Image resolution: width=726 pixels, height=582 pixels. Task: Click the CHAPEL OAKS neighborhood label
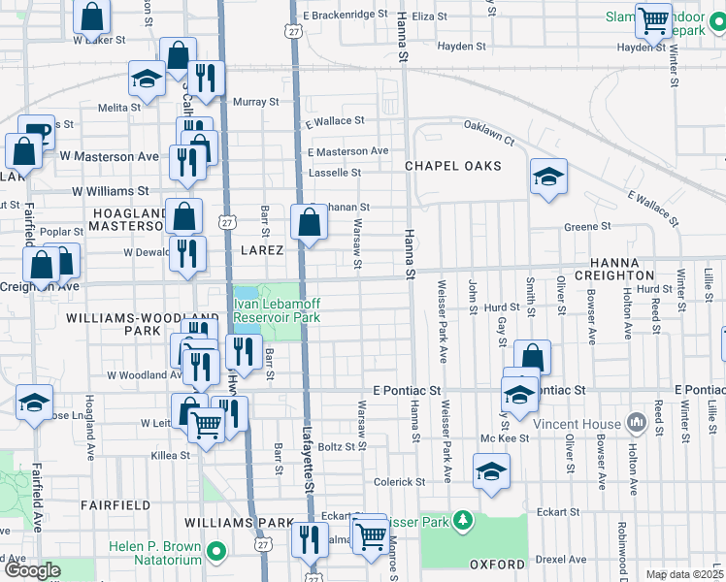click(x=453, y=166)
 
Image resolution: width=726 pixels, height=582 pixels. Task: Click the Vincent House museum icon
click(x=638, y=422)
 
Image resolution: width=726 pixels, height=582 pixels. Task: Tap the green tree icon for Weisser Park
click(x=465, y=523)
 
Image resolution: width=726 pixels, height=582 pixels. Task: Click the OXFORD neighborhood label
click(x=497, y=564)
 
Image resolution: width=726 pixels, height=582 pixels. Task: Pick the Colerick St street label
click(x=400, y=481)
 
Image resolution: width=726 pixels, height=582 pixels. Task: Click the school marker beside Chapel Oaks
click(x=548, y=177)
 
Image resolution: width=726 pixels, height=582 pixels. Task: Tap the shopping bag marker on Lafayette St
click(x=309, y=222)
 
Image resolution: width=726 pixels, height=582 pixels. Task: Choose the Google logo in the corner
click(x=33, y=570)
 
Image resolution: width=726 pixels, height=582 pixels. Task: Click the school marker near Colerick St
click(x=491, y=472)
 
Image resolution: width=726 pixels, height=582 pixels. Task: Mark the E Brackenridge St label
click(x=346, y=16)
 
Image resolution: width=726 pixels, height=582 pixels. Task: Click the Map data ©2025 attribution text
click(x=684, y=574)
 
